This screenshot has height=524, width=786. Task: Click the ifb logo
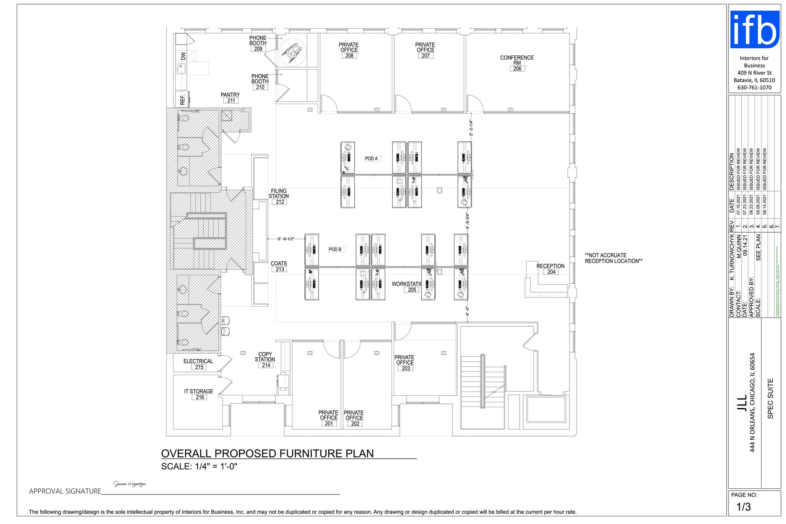pos(754,30)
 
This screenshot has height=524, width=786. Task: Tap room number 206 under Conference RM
pos(517,69)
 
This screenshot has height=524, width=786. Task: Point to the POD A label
pos(371,159)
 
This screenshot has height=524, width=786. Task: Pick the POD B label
pos(335,250)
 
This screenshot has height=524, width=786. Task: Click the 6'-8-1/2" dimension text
pos(286,239)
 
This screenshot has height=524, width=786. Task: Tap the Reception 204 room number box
pos(551,272)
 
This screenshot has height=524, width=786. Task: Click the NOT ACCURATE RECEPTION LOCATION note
pos(613,258)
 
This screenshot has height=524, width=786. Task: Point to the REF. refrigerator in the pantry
pos(183,99)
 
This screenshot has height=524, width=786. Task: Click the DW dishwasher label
pos(183,56)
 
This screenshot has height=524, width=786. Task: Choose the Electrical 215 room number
pos(199,367)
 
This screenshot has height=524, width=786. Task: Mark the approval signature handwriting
pos(130,484)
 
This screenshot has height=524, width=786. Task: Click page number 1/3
pos(743,507)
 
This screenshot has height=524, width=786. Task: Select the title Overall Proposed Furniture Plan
pos(267,453)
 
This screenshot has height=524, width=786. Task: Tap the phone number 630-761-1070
pos(754,88)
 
